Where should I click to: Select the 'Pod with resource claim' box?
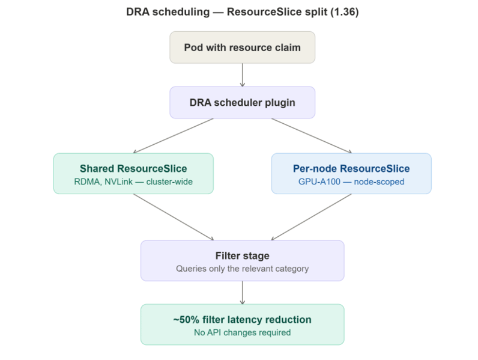(x=242, y=47)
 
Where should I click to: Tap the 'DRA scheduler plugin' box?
(x=242, y=102)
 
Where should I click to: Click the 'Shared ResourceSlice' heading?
(x=133, y=168)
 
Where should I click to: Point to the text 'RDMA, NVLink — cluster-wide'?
(x=133, y=181)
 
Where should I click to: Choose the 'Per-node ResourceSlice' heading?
(x=351, y=168)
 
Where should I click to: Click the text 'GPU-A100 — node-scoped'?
(x=351, y=181)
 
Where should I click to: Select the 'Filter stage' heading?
(x=242, y=255)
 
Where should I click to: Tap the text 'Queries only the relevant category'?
(x=242, y=269)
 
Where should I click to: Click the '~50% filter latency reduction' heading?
(x=242, y=319)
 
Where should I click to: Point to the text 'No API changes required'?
(x=242, y=332)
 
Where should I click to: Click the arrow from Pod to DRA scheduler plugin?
(x=242, y=75)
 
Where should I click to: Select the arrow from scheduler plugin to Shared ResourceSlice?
(x=174, y=135)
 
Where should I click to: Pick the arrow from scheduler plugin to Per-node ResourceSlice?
(x=311, y=135)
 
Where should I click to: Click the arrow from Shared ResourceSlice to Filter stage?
(x=174, y=217)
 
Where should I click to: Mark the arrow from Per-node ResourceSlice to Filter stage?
(x=311, y=217)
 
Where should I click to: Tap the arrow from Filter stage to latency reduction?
(x=242, y=292)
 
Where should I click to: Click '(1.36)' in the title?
(x=343, y=12)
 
